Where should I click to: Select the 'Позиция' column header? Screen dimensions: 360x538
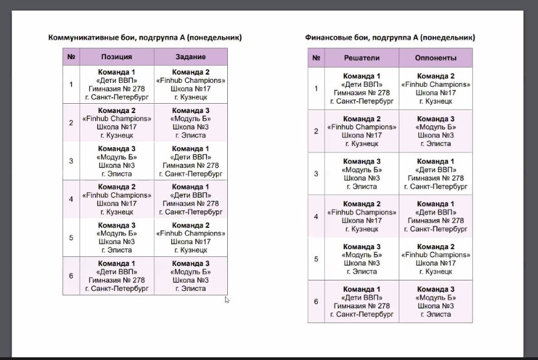pos(116,57)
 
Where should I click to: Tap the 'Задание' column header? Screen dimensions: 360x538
pos(190,57)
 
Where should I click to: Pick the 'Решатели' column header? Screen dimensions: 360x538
pos(361,58)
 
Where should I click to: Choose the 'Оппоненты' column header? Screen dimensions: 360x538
pos(435,58)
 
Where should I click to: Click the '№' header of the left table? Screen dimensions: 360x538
pos(71,57)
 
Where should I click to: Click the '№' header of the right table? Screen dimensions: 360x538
pos(316,58)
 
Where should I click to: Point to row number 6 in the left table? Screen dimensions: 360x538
pos(71,276)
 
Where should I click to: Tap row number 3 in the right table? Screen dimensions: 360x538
pos(316,174)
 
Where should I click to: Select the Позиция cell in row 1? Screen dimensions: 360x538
pos(116,85)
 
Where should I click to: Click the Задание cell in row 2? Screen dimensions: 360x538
pos(190,123)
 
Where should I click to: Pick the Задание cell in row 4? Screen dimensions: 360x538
pos(190,199)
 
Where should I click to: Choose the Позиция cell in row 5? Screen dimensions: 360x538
pos(116,238)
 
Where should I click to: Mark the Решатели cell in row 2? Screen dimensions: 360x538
pos(361,131)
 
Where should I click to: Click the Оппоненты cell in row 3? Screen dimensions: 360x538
pos(435,174)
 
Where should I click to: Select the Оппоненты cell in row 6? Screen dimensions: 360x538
pos(435,302)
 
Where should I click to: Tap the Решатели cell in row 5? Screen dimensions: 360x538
pos(361,259)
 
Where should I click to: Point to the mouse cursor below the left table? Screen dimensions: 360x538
pos(227,300)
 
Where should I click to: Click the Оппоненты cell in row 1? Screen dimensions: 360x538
pos(435,88)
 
